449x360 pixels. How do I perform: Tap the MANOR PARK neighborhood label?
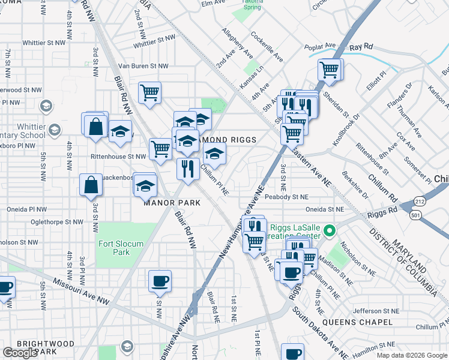coord(172,203)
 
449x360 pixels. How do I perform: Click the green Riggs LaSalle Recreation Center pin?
coord(329,230)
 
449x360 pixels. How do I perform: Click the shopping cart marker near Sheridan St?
coord(330,70)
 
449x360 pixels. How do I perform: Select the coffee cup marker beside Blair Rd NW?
coord(160,281)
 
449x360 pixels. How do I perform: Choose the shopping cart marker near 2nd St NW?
coord(149,93)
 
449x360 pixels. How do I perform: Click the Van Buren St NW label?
coord(143,66)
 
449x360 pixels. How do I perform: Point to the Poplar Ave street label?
coord(320,46)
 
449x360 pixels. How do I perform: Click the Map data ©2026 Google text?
coord(411,355)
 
